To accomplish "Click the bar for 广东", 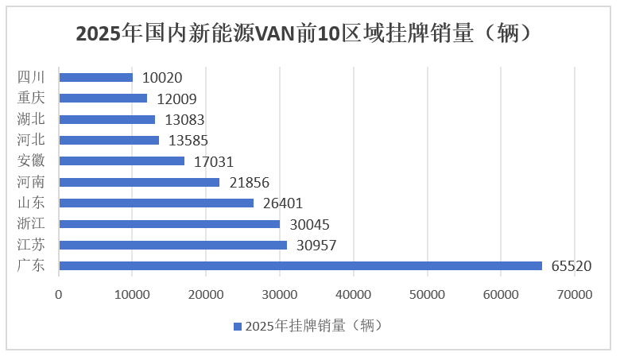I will [x=300, y=265].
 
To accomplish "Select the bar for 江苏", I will [x=173, y=245].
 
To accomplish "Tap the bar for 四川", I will [x=96, y=78].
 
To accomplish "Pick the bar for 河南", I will [x=139, y=182].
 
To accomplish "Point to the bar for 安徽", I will [x=122, y=161].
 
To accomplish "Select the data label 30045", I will [x=309, y=224].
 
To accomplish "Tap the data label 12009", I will [x=176, y=99].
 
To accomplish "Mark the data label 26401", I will [x=283, y=203].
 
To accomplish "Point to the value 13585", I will [x=188, y=141].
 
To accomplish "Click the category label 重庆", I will [x=31, y=99].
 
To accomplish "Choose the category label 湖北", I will [x=31, y=119].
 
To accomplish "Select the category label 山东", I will [x=31, y=203].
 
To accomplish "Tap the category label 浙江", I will [x=31, y=223].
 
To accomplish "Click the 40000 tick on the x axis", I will [x=354, y=294].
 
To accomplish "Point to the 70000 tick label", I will [x=575, y=294].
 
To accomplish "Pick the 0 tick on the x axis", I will [x=59, y=294].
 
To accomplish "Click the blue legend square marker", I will [x=237, y=326].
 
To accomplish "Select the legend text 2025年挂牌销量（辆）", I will [x=315, y=326].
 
